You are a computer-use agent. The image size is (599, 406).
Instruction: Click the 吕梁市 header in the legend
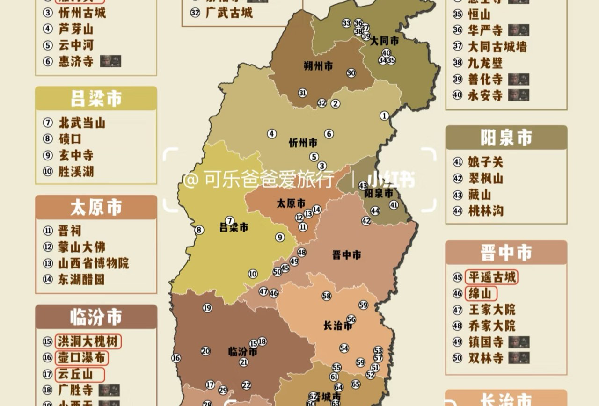(96, 99)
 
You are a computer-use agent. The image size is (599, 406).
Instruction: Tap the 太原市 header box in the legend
(96, 208)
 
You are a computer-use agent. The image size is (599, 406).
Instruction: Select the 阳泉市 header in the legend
(506, 138)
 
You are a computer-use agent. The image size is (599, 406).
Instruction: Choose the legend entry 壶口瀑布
(81, 358)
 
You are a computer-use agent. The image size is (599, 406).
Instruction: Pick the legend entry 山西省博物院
(94, 263)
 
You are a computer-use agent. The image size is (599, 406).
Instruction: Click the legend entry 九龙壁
(485, 63)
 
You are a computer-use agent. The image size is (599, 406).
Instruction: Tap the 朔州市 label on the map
(318, 66)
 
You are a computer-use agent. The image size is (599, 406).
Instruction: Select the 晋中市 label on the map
(347, 255)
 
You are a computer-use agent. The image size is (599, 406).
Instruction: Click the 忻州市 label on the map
(303, 143)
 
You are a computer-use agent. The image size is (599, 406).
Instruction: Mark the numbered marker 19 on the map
(207, 308)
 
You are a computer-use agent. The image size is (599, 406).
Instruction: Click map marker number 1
(384, 116)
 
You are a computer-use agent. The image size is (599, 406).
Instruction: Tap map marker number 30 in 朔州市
(351, 73)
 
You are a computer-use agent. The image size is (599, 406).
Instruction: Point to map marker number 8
(199, 230)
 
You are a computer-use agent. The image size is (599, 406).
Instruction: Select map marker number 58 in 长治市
(327, 296)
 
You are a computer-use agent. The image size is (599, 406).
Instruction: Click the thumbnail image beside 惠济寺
(110, 61)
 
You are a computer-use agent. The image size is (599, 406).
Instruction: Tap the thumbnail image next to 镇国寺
(519, 342)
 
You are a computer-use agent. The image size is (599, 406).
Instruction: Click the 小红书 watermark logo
(391, 179)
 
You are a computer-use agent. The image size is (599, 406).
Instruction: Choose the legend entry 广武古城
(229, 13)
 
